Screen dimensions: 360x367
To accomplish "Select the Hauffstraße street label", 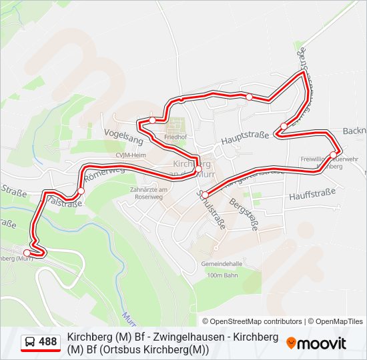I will click(312, 195).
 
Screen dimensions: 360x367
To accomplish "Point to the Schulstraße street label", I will click(211, 209).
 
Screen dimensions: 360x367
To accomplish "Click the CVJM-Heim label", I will click(130, 155).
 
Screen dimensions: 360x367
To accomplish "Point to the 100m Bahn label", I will click(223, 275).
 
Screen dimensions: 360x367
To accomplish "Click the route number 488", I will click(47, 342).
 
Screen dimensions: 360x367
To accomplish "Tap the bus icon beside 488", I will click(30, 342).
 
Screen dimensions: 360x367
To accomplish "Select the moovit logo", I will click(316, 343).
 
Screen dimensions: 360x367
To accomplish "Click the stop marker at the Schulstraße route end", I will click(205, 195).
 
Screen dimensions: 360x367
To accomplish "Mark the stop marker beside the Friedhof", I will click(153, 120).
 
